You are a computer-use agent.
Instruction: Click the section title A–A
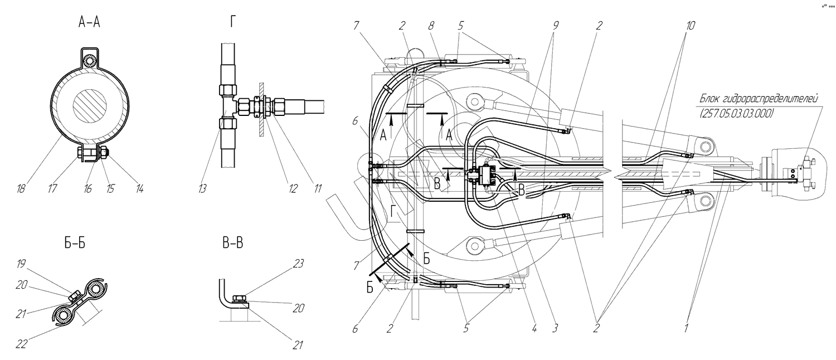90,23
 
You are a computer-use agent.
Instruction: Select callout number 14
139,189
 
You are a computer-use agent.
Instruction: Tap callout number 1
686,329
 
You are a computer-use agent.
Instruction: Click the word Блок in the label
711,99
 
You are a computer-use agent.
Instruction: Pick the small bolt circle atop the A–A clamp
86,60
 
